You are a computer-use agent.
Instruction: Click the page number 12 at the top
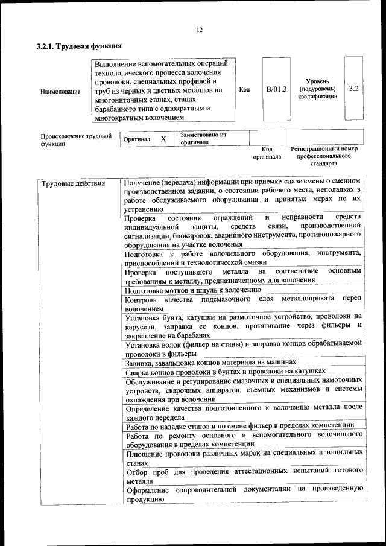pyautogui.click(x=199, y=30)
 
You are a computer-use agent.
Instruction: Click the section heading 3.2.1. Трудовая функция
pyautogui.click(x=80, y=46)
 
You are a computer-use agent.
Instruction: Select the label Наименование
pyautogui.click(x=60, y=92)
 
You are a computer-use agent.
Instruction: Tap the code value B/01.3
pyautogui.click(x=276, y=89)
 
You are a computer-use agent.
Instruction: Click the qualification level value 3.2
pyautogui.click(x=354, y=89)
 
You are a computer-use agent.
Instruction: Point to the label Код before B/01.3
pyautogui.click(x=244, y=90)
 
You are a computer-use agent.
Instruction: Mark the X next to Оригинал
pyautogui.click(x=163, y=139)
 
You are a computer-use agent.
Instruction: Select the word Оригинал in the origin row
pyautogui.click(x=136, y=139)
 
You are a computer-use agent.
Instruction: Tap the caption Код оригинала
pyautogui.click(x=267, y=153)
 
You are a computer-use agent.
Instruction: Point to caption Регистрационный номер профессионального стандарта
pyautogui.click(x=324, y=156)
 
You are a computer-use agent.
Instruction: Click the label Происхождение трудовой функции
pyautogui.click(x=76, y=140)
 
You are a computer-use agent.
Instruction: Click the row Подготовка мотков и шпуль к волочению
pyautogui.click(x=192, y=290)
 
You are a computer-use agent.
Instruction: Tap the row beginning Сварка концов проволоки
pyautogui.click(x=225, y=372)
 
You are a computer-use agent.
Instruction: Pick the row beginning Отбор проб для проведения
pyautogui.click(x=244, y=474)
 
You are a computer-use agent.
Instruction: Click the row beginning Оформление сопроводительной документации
pyautogui.click(x=244, y=494)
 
